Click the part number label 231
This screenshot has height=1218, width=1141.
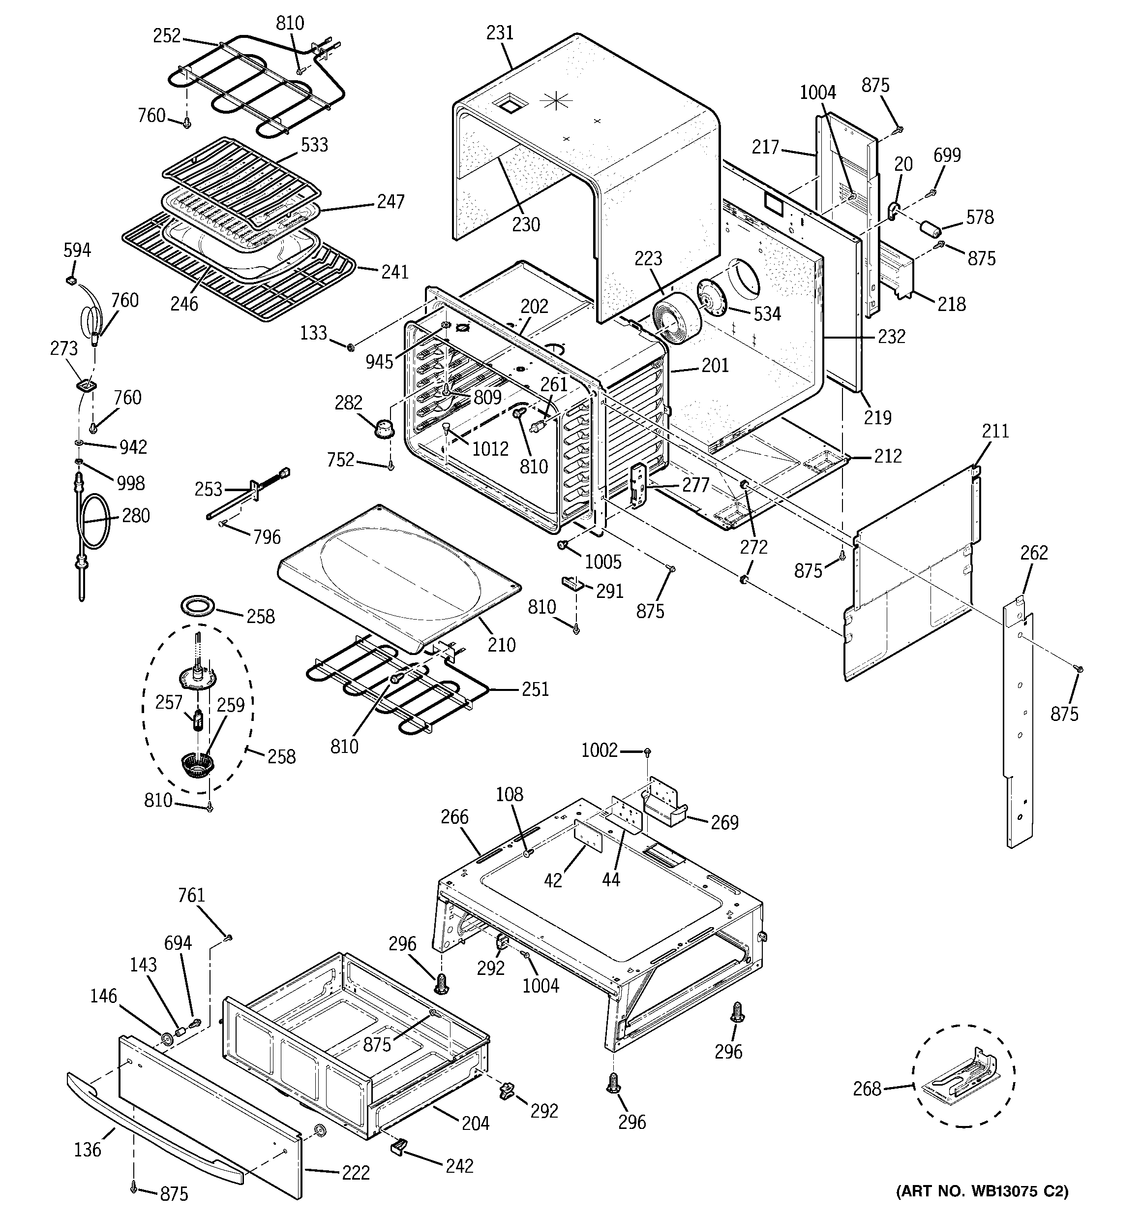pos(500,32)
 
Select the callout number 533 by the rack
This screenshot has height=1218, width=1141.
pos(314,145)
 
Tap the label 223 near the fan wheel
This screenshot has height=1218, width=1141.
pos(649,258)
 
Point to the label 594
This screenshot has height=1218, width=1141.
pos(77,250)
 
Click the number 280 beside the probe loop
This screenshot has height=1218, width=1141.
pos(135,515)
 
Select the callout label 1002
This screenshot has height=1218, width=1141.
pos(600,750)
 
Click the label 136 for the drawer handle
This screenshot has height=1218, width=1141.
pos(88,1150)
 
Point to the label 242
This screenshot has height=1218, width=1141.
pos(460,1165)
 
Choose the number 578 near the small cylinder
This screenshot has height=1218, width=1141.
pos(979,217)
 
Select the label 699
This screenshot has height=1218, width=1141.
pos(947,155)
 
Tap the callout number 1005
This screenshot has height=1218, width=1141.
pos(603,562)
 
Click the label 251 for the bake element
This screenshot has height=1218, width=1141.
pos(535,689)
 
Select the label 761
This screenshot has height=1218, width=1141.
pos(191,896)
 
